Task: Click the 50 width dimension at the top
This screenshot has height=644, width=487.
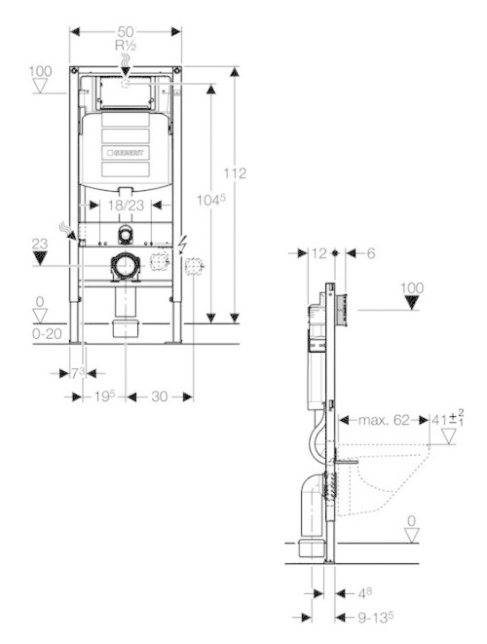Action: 126,31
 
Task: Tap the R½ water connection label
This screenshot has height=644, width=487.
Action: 126,45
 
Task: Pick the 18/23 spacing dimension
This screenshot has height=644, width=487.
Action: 127,206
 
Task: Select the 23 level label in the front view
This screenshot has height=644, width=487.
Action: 39,244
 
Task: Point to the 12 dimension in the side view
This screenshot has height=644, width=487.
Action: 318,252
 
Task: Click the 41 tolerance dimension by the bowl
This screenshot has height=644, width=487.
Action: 447,420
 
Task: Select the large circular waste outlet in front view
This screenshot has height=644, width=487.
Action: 125,264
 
